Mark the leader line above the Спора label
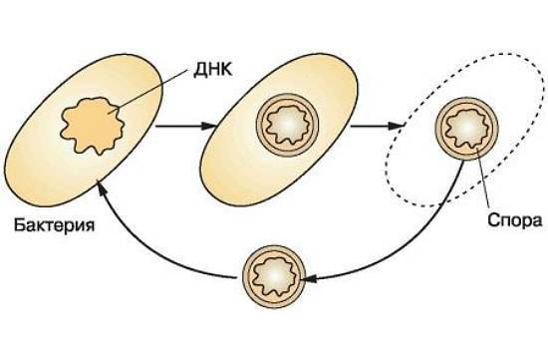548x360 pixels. (x=483, y=180)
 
